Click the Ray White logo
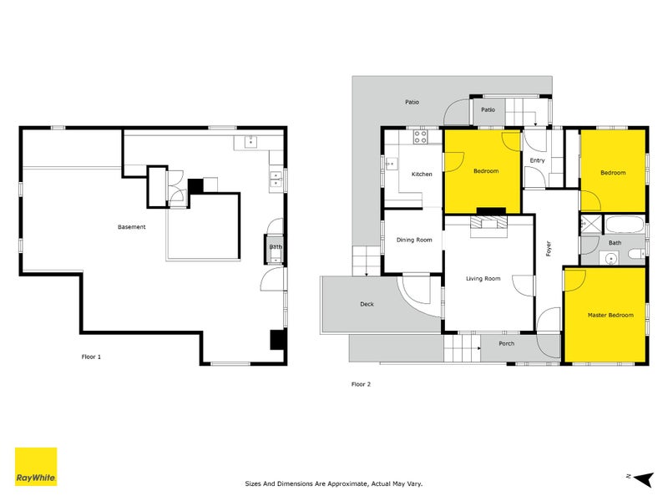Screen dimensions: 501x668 coord(36,467)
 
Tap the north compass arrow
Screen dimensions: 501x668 coord(642,478)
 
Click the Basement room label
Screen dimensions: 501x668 coord(131,227)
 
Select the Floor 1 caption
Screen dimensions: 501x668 coord(91,357)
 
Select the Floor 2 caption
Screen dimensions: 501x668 coord(361,384)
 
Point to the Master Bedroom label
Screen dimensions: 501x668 coord(610,315)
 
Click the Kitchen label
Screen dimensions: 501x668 coord(422,174)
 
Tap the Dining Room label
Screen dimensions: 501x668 coord(414,240)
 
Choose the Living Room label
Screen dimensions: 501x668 coord(483,278)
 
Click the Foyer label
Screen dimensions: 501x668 coord(549,248)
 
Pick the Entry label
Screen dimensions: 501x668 coord(537,160)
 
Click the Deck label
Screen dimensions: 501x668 coord(367,304)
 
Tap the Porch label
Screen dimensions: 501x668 coord(506,343)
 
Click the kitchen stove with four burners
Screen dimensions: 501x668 coord(422,137)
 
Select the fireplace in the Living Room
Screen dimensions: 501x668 coord(488,223)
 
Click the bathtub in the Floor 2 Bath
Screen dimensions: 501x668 coord(623,225)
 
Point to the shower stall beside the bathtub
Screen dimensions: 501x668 coord(591,224)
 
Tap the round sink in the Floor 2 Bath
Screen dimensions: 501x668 coord(610,258)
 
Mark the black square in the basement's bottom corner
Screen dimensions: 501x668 coord(278,339)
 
